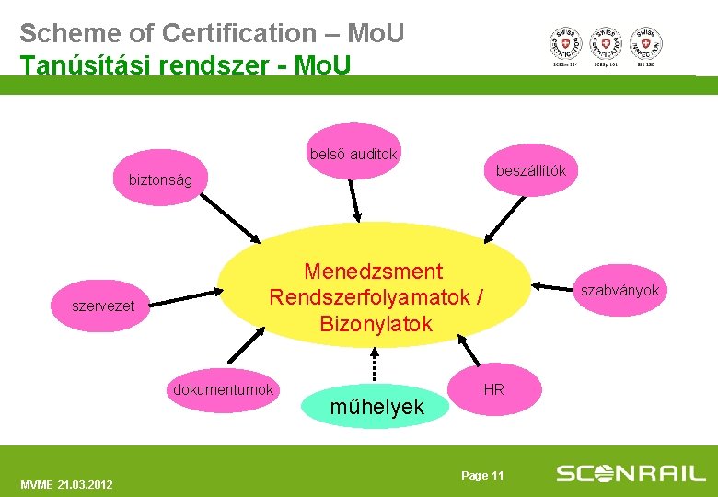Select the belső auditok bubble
point(353,154)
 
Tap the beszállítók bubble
point(531,171)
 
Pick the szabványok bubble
point(619,291)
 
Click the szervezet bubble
point(103,306)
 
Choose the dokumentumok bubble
point(224,389)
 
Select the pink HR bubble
point(493,389)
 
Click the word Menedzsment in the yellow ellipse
point(373,272)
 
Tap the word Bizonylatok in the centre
point(376,324)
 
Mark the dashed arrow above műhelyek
point(374,364)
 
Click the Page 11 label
point(482,475)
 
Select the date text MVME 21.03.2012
point(66,484)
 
